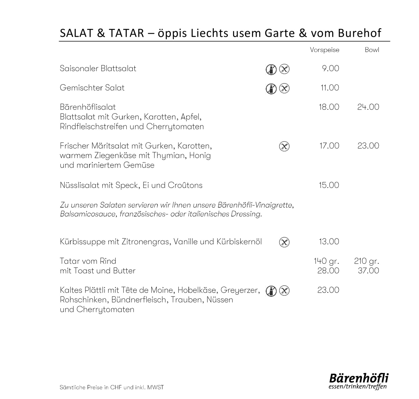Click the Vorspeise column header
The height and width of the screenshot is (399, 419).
[324, 50]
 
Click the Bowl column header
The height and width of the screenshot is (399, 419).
[372, 50]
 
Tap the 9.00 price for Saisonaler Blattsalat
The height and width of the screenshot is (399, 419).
[330, 68]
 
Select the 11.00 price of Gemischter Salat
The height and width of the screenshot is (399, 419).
[330, 88]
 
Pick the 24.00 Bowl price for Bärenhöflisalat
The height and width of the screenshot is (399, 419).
[368, 107]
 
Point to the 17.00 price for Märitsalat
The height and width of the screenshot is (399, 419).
[329, 146]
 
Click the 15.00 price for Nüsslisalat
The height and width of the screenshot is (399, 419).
[329, 185]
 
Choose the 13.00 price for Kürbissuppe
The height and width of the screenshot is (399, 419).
[329, 241]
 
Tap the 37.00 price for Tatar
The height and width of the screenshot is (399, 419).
[368, 271]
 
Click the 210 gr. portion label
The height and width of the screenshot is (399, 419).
[366, 261]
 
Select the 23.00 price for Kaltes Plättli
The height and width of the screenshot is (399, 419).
[328, 290]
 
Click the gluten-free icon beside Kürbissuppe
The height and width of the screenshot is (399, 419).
[284, 242]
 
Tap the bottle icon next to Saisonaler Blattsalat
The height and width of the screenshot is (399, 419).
[271, 69]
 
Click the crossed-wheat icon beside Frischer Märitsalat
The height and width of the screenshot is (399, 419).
[284, 146]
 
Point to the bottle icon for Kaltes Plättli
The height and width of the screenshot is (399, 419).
[271, 291]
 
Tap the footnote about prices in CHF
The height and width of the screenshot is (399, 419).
[111, 387]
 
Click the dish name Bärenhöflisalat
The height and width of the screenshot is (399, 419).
[88, 107]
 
